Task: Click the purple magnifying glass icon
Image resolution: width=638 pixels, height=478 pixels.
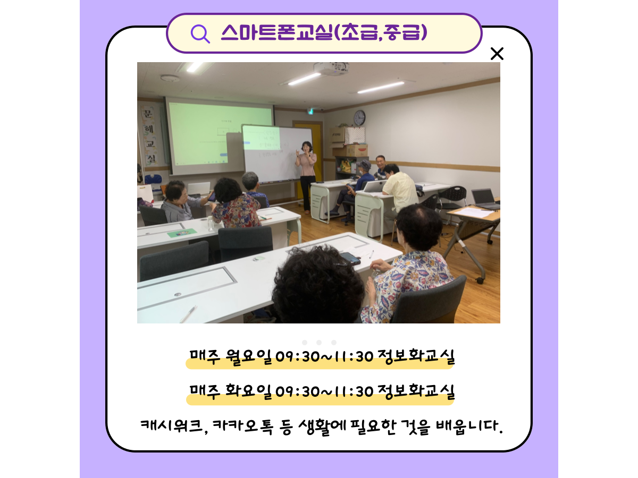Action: click(200, 34)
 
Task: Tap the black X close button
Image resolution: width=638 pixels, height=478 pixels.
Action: click(497, 54)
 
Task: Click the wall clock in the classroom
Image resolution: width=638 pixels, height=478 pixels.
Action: click(359, 118)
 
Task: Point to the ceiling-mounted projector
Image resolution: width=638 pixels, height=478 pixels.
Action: click(332, 69)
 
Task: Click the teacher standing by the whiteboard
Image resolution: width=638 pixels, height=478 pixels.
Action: click(306, 177)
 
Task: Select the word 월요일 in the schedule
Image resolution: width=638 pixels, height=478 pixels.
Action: click(248, 357)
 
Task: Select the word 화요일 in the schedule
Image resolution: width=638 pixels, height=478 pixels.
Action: click(248, 392)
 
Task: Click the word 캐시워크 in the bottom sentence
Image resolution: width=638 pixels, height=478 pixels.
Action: click(172, 426)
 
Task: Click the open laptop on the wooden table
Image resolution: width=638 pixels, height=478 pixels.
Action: click(485, 199)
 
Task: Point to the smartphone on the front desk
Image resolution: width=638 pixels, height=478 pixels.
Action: click(350, 258)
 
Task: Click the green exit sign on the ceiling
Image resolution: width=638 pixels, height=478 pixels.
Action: click(310, 111)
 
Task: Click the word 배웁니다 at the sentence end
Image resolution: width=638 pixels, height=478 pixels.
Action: click(469, 426)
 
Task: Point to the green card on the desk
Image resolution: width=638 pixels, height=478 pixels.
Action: click(182, 233)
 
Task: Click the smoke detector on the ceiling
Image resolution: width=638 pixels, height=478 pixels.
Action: click(170, 78)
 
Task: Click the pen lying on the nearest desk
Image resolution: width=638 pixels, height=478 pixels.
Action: click(188, 314)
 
